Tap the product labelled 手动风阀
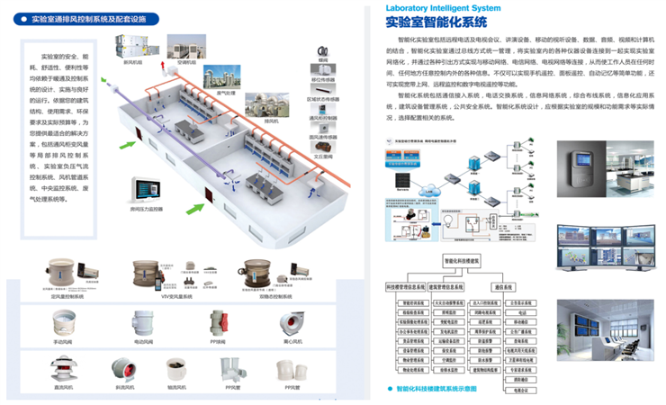63,324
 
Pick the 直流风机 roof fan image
63,368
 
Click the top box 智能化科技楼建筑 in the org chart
462,259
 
